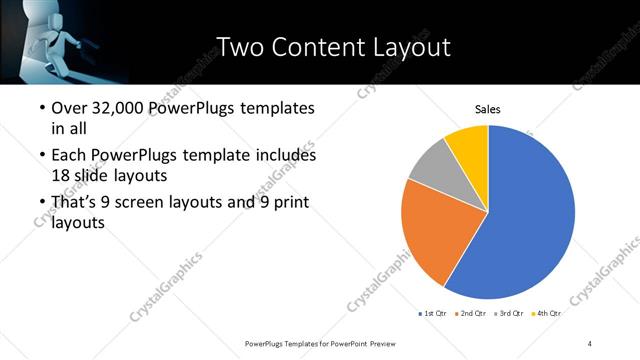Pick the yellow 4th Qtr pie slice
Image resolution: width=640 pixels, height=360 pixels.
(468, 143)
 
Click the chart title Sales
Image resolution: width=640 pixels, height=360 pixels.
(487, 110)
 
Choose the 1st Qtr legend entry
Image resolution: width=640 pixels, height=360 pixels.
(433, 314)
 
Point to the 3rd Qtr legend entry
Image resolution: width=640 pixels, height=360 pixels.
(509, 314)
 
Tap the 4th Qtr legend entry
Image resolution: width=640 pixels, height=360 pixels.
(547, 314)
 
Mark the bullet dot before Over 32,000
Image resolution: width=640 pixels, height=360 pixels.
(40, 108)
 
